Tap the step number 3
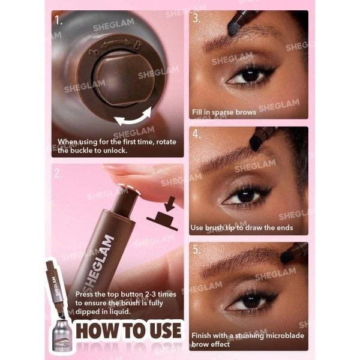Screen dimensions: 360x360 196,17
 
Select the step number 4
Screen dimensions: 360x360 196,133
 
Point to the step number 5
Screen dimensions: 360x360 196,249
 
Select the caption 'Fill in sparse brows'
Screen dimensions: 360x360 224,112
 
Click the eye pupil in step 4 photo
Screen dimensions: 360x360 247,196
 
